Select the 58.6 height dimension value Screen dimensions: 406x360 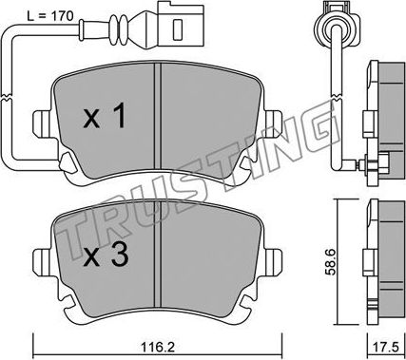pyautogui.click(x=331, y=262)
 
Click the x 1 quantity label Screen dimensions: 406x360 pyautogui.click(x=105, y=117)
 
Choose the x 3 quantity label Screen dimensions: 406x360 pyautogui.click(x=106, y=255)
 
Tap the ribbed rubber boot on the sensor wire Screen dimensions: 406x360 pyautogui.click(x=121, y=30)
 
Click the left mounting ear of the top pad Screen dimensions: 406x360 pyautogui.click(x=42, y=124)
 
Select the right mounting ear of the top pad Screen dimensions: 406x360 pyautogui.click(x=273, y=124)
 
